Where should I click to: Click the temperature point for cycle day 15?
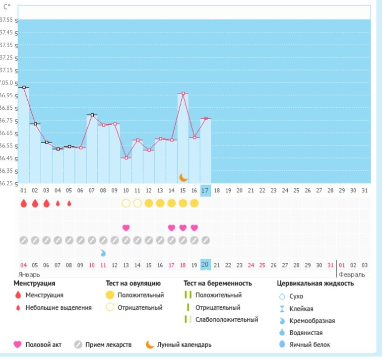point(183,93)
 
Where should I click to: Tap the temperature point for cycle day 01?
point(23,87)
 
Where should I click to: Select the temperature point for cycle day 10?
point(126,158)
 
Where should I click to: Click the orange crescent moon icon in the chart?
point(183,177)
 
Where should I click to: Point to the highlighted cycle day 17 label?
point(205,190)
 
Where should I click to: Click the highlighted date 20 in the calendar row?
point(205,265)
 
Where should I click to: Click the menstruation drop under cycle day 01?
point(23,203)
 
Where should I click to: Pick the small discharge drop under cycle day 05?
point(69,203)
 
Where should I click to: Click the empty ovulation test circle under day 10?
point(126,203)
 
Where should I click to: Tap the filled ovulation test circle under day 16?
point(194,203)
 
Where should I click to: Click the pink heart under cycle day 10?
point(126,228)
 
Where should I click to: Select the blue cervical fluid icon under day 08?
point(103,253)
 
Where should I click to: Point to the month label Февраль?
point(352,274)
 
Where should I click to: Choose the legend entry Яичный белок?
point(310,345)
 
